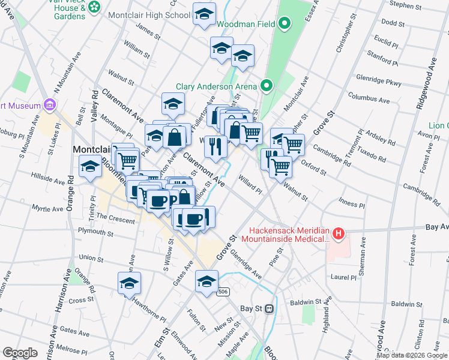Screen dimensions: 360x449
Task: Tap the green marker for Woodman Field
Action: point(285,24)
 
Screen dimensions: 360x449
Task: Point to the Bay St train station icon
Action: point(270,308)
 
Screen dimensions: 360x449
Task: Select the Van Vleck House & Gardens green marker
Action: point(94,7)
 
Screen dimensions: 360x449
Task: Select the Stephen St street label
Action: point(405,5)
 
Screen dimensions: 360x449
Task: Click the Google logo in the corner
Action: point(20,353)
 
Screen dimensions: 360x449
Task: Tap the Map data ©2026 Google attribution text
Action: point(412,355)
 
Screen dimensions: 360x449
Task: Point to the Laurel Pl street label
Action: point(344,277)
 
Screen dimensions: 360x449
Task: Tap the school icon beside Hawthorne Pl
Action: point(129,284)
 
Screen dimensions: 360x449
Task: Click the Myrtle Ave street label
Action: point(49,209)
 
